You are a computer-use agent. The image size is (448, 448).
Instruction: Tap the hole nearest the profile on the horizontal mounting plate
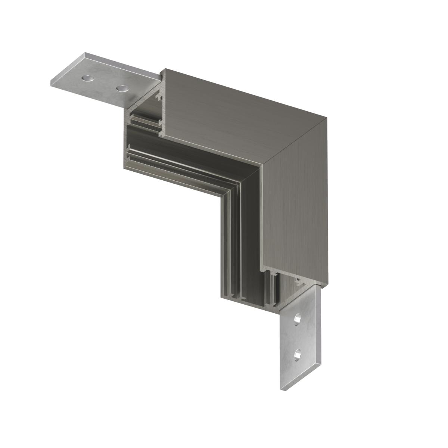pyautogui.click(x=122, y=88)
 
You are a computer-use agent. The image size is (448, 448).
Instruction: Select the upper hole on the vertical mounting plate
pyautogui.click(x=298, y=319)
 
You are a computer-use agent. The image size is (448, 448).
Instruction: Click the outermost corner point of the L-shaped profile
pyautogui.click(x=327, y=118)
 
